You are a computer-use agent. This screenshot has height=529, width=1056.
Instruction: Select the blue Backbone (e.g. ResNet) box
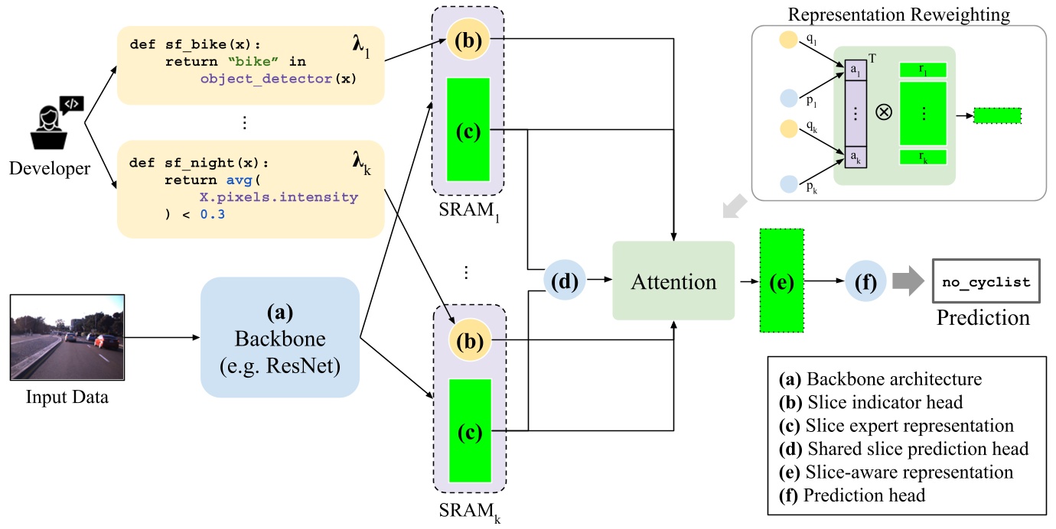click(x=280, y=337)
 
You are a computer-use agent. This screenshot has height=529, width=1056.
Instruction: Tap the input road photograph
click(x=68, y=337)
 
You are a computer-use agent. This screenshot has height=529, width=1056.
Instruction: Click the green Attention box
click(x=673, y=281)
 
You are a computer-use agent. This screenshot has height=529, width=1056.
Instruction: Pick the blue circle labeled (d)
click(x=564, y=281)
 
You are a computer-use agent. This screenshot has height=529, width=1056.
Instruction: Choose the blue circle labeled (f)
click(x=865, y=281)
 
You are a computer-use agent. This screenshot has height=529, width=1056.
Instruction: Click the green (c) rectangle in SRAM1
click(x=468, y=131)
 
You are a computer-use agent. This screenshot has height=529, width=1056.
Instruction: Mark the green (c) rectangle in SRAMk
click(x=468, y=432)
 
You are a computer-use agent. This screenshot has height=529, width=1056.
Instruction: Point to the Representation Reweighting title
click(x=898, y=14)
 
